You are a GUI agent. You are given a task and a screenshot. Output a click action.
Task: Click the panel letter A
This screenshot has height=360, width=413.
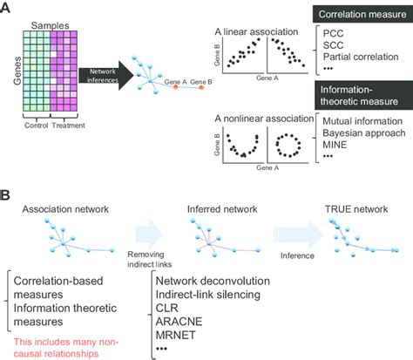click(8, 9)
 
